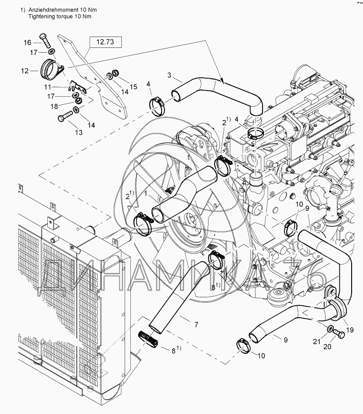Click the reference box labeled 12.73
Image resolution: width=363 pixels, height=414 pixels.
[105, 42]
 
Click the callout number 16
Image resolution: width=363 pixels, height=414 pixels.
[27, 42]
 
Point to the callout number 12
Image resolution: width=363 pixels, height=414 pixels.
[25, 71]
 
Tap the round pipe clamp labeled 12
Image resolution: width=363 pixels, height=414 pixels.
[50, 70]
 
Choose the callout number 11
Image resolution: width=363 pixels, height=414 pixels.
[48, 87]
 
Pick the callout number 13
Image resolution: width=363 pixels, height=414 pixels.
[78, 132]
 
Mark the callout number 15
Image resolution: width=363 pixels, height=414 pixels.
[133, 86]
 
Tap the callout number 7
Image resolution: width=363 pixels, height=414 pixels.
[196, 324]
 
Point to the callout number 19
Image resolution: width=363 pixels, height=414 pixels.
[350, 329]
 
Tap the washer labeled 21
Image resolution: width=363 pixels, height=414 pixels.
[329, 329]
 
